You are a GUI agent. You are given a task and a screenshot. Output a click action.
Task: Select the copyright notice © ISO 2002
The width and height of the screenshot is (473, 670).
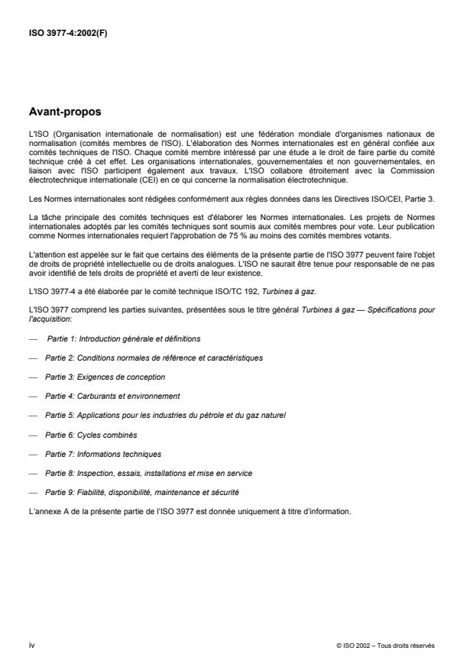click(x=385, y=646)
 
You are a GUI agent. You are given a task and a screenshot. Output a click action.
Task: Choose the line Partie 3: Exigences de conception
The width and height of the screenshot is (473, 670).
click(x=105, y=377)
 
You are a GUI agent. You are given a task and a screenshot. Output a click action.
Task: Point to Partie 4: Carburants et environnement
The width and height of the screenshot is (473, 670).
click(x=112, y=396)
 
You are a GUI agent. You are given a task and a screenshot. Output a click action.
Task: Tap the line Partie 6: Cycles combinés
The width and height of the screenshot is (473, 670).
click(x=91, y=435)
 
